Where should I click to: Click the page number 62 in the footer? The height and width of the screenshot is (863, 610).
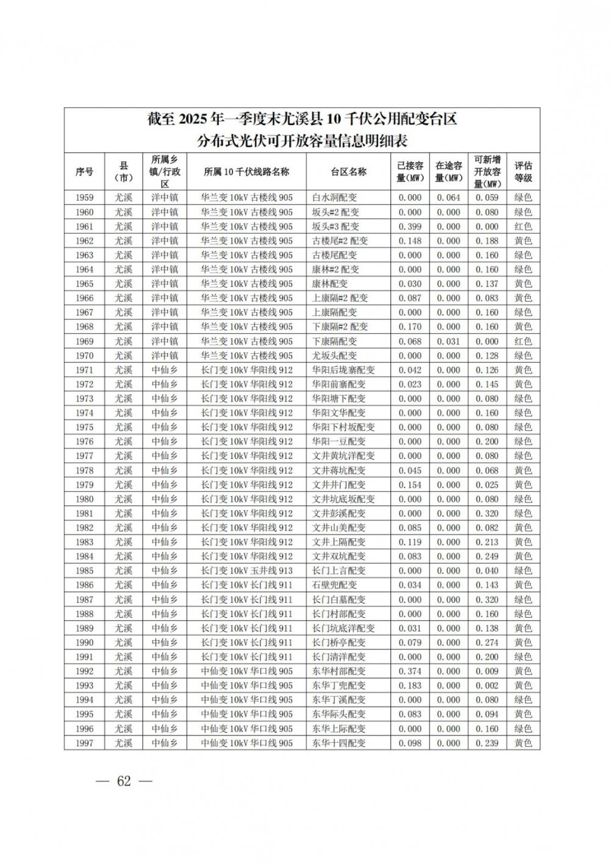coord(124,781)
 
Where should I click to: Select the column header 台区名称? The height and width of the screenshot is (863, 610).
coord(348,172)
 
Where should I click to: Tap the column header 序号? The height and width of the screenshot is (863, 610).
coord(84,172)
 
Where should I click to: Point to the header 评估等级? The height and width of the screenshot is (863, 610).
coord(523,172)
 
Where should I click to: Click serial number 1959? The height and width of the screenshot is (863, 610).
coord(84,198)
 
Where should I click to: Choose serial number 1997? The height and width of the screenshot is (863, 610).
coord(84,743)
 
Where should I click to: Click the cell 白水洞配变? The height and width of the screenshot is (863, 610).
coord(334,198)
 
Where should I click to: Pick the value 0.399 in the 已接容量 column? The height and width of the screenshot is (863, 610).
coord(410,226)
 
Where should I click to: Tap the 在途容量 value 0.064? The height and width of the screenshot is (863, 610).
coord(448,198)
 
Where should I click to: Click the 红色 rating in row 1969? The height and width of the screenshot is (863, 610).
coord(523,341)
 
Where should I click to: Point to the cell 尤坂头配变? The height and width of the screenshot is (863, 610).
coord(334,355)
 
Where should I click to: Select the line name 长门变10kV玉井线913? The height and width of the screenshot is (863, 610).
coord(246,571)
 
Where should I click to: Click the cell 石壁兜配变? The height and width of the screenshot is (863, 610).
coord(334,585)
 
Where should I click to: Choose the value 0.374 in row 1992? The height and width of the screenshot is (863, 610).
coord(410,671)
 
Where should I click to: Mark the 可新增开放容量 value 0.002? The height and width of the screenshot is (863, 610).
coord(487,685)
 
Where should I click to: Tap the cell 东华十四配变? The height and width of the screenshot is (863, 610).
coord(339,743)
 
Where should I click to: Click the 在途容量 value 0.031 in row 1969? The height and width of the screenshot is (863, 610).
coord(448,341)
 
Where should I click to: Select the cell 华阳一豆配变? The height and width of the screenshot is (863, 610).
coord(339,441)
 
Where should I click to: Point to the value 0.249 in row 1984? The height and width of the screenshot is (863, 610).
coord(487,556)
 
